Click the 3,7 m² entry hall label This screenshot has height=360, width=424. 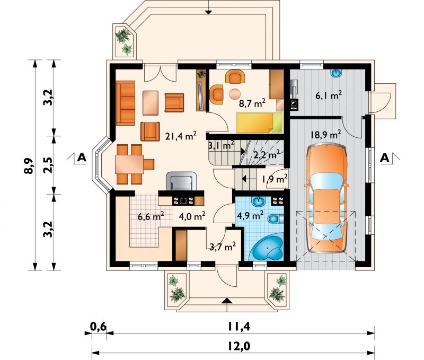(223, 246)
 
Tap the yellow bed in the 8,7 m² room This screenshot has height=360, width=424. (257, 123)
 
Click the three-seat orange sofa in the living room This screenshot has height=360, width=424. (126, 102)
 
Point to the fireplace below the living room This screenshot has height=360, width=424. (180, 181)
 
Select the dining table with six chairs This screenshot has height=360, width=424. (130, 162)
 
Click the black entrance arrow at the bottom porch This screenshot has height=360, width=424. (227, 301)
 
